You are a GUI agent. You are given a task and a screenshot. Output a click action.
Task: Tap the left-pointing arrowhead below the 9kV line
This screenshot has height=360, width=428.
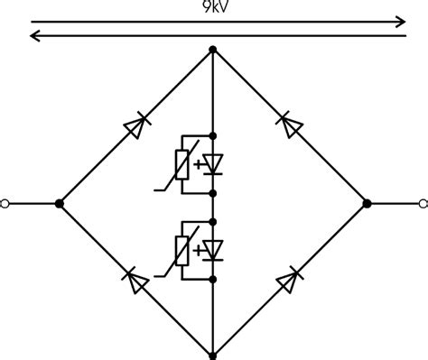pos(34,36)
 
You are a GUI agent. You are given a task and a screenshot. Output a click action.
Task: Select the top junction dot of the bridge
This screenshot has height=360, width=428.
pos(213,49)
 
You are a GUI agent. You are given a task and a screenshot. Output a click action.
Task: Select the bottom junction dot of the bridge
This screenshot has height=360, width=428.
pos(213,355)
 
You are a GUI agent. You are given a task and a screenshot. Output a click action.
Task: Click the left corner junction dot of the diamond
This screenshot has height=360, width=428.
pos(60,204)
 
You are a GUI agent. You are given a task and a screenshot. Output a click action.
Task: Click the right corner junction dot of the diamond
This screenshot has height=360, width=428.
pos(367,204)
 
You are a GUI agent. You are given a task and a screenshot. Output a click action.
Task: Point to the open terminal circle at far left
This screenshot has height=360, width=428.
pos(5,204)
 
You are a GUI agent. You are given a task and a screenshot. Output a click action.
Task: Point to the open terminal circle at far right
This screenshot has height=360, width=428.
pos(421,204)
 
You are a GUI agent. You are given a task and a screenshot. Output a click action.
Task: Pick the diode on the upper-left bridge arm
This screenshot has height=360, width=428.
pos(135,126)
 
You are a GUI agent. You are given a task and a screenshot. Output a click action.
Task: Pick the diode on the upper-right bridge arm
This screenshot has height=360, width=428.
pos(291,126)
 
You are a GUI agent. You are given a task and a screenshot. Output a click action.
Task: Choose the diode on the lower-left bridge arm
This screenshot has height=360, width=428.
pos(135,281)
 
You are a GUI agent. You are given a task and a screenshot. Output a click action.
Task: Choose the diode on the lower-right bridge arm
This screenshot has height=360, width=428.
pos(291,281)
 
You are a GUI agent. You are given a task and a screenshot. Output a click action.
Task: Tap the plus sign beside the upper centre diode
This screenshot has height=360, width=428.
pos(199,164)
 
